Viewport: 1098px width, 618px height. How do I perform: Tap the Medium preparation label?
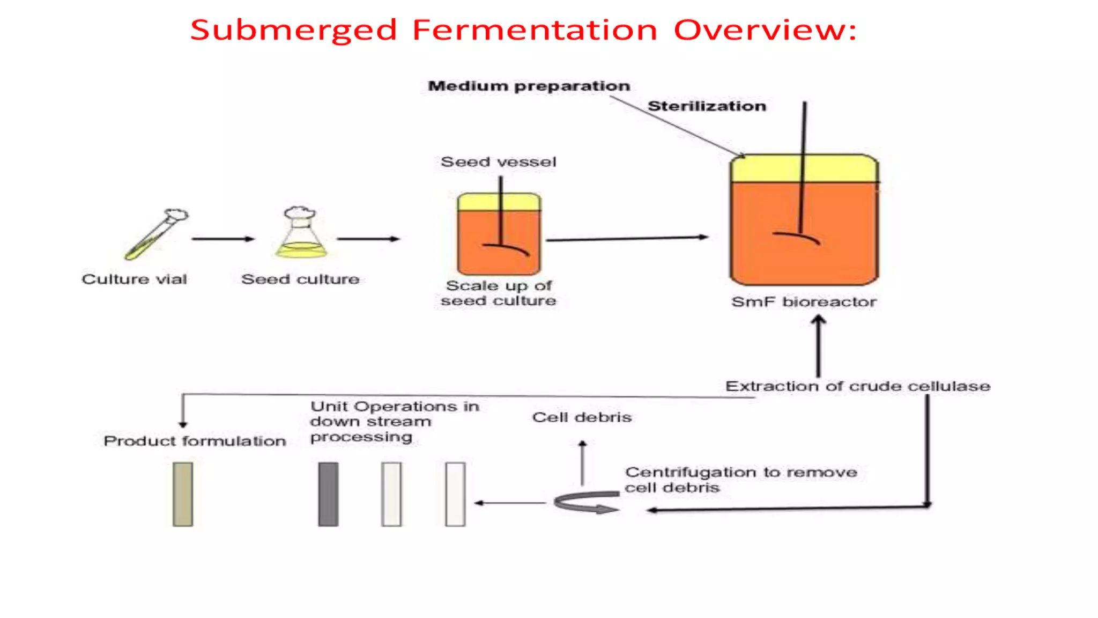[529, 86]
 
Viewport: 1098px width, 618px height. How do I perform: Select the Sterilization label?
[707, 106]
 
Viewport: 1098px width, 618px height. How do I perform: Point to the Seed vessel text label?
[498, 161]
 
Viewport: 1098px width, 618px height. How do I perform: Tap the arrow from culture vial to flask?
[222, 239]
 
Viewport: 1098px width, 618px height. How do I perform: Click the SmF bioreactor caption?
[804, 302]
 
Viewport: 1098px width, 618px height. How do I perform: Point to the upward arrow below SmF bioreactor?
[818, 346]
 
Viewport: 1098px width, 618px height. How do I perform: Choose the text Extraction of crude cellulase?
[857, 386]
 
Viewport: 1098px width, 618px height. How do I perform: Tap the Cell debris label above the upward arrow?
[582, 417]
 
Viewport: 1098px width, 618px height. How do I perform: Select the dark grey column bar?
[328, 494]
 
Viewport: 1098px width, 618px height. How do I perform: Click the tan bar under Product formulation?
[183, 494]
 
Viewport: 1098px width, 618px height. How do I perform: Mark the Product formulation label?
[195, 441]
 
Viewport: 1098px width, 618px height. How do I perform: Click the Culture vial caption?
[134, 279]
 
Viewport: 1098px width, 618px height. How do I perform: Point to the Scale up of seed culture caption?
[498, 293]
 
